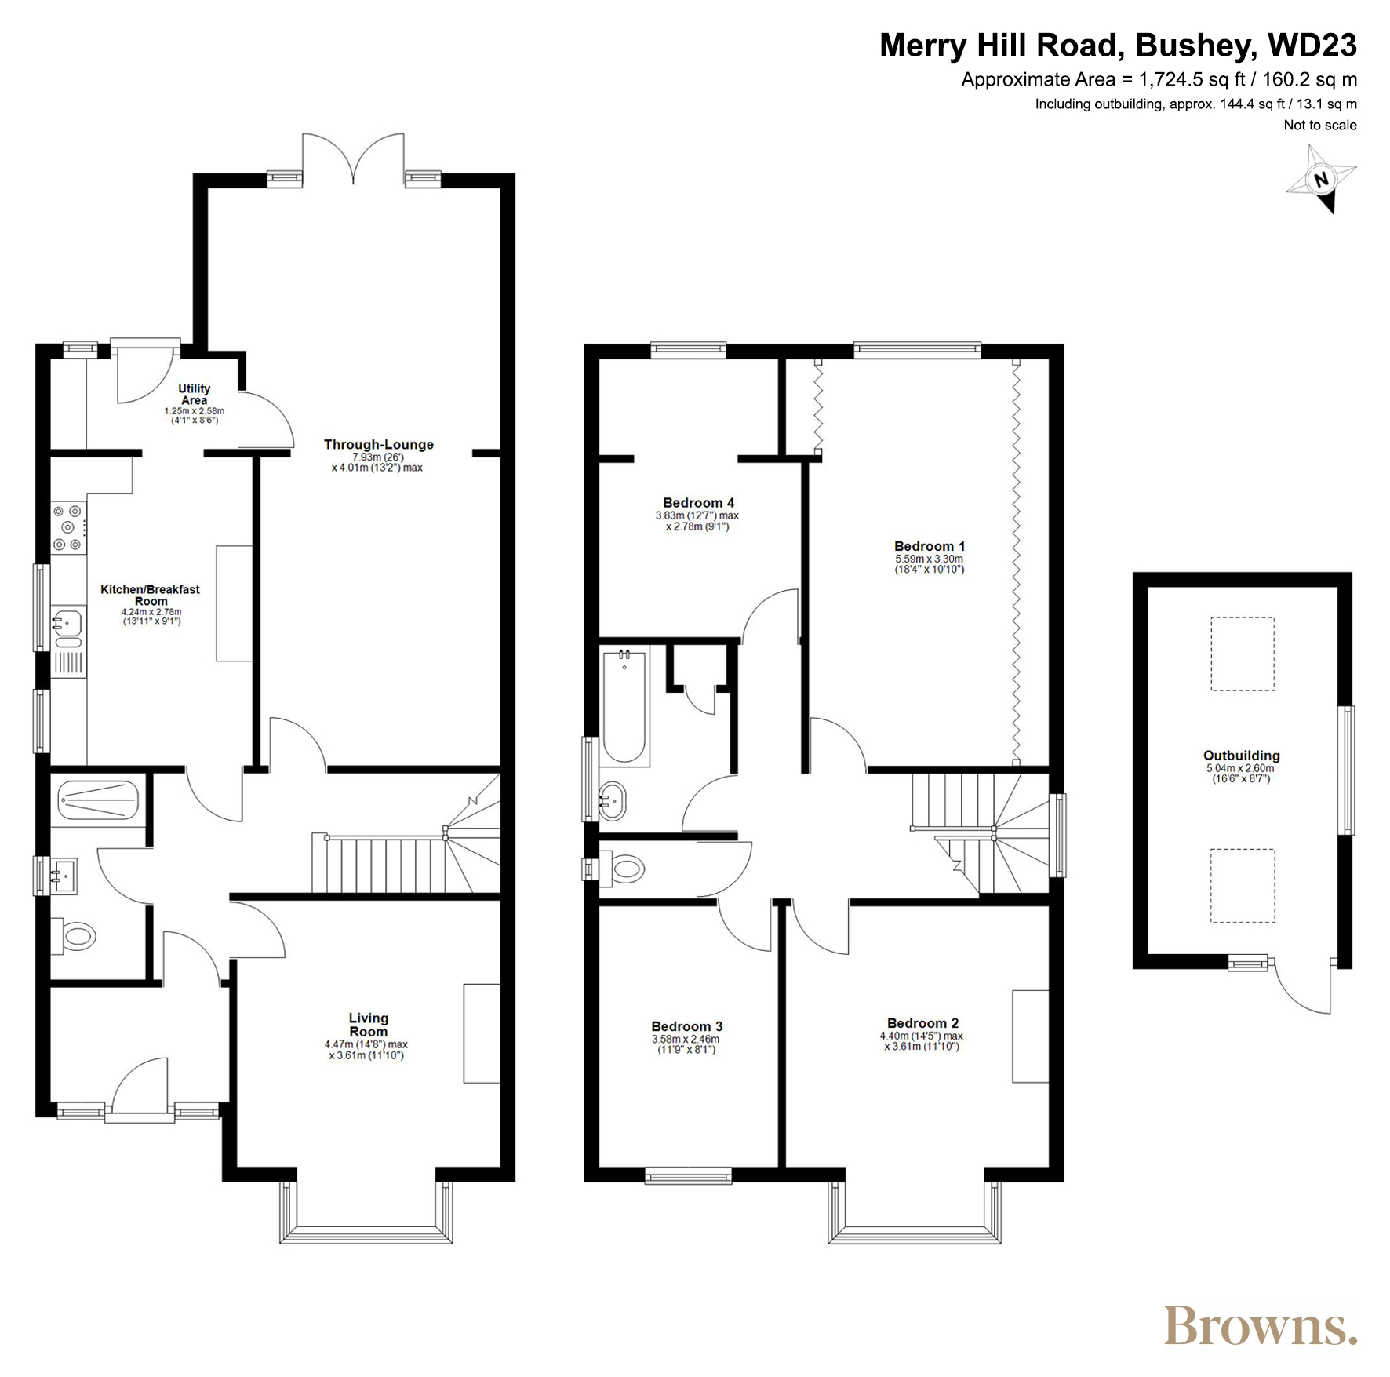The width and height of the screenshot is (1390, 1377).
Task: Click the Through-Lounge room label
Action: click(x=378, y=445)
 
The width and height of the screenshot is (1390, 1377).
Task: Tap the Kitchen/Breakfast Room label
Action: click(x=150, y=596)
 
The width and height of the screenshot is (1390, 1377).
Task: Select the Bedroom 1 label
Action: click(x=930, y=546)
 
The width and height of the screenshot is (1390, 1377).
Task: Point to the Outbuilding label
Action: click(x=1242, y=756)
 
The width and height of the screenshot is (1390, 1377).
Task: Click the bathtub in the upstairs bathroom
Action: click(x=624, y=706)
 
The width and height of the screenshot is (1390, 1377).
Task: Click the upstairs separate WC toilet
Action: click(x=622, y=869)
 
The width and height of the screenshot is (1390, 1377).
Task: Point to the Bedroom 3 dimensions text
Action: click(x=686, y=1044)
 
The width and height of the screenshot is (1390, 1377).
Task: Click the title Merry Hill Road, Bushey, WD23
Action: click(x=1118, y=46)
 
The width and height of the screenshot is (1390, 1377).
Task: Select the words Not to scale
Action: click(x=1320, y=125)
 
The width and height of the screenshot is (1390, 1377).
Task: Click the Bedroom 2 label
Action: click(x=922, y=1023)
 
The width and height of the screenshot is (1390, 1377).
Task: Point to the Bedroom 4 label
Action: click(x=698, y=503)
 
